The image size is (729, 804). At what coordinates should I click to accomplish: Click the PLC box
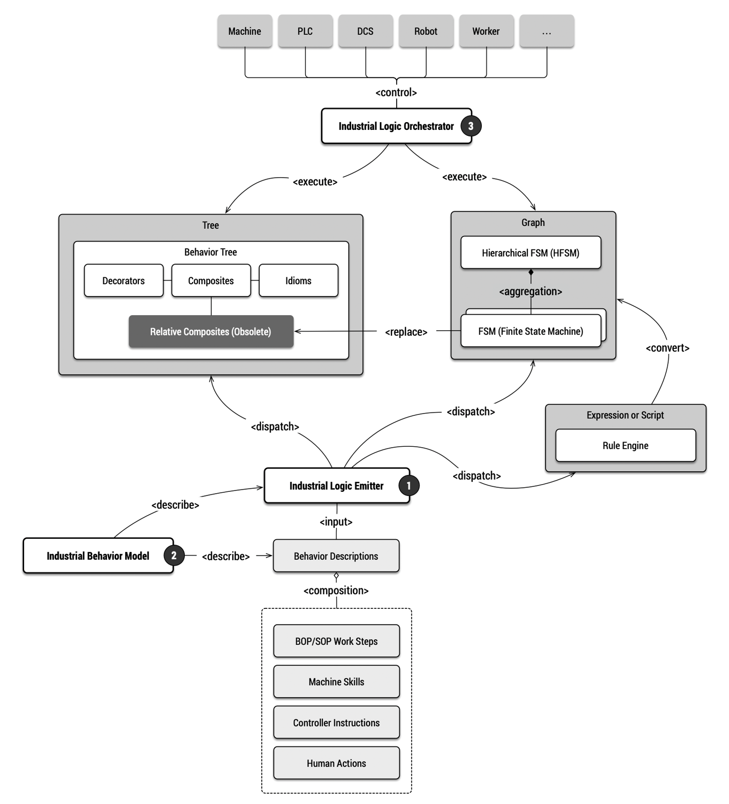pos(305,31)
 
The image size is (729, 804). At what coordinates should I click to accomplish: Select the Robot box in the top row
pos(426,31)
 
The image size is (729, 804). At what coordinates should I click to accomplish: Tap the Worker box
pos(486,31)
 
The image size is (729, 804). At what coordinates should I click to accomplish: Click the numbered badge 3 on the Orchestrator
pos(471,126)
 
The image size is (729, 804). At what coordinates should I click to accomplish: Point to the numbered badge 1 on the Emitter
pos(409,485)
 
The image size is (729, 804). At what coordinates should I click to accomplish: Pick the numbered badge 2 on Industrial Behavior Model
pos(174,555)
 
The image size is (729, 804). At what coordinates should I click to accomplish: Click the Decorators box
pos(124,281)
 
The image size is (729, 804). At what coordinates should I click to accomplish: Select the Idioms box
pos(298,281)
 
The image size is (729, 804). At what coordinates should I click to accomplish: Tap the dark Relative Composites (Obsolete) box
pos(211,331)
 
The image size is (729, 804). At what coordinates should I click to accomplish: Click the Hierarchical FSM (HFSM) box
pos(531,253)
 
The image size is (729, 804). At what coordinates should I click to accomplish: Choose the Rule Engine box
pos(625,445)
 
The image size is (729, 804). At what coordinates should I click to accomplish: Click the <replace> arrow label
pos(406,332)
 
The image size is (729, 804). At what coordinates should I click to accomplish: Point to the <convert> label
pos(668,348)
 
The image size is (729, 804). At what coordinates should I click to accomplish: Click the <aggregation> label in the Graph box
pos(530,292)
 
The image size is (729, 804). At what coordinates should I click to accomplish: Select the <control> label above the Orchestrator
pos(396,92)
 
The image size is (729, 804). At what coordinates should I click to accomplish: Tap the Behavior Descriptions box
pos(336,556)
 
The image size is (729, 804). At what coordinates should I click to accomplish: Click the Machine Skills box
pos(337,681)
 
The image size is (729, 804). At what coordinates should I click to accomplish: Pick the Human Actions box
pos(337,763)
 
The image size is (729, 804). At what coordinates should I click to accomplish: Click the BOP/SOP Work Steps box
pos(337,641)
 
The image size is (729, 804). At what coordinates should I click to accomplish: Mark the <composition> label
pos(336,591)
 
